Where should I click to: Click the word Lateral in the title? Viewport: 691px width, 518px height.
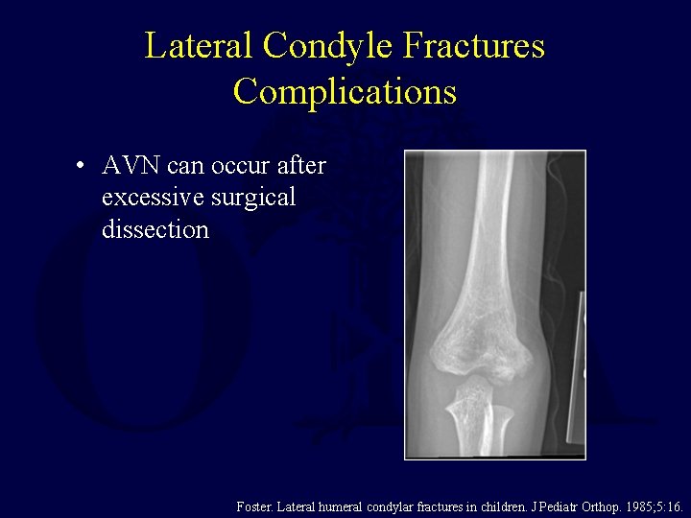point(200,45)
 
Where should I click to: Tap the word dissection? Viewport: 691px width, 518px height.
point(154,229)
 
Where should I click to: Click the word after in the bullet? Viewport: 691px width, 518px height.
point(300,166)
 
